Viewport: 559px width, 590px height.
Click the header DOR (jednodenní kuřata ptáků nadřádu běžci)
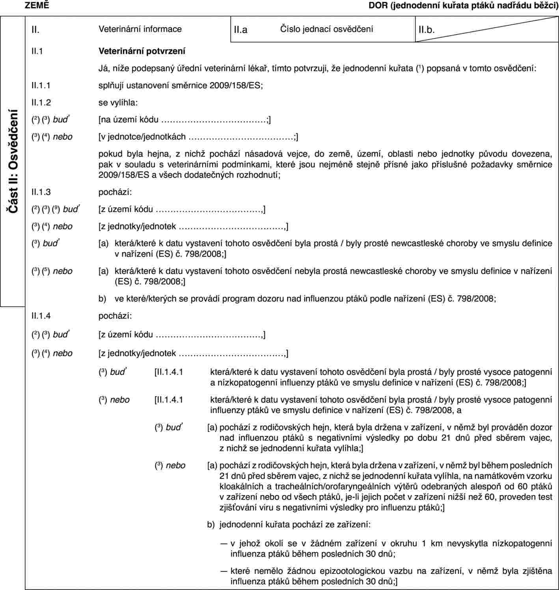click(x=463, y=6)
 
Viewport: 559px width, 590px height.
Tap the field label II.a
click(x=240, y=29)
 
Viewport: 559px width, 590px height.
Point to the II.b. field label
click(x=427, y=29)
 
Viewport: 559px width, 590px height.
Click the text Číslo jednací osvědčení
click(x=326, y=29)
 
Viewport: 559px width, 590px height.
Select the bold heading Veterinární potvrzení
click(x=142, y=51)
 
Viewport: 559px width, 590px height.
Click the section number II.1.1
click(x=41, y=85)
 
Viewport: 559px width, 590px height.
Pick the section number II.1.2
click(x=41, y=102)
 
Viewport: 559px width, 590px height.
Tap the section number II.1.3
click(x=41, y=192)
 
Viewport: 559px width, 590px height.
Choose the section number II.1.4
click(x=41, y=316)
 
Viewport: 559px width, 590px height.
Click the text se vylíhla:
click(x=118, y=102)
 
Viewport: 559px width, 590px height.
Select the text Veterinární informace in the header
click(x=140, y=29)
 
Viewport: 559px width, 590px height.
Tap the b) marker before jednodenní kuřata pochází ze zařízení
click(x=211, y=525)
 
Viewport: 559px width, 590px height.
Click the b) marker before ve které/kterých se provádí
click(x=102, y=298)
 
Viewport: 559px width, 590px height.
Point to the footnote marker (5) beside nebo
click(x=46, y=271)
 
